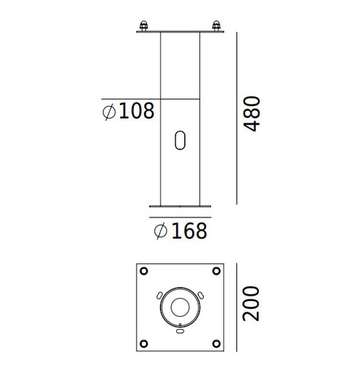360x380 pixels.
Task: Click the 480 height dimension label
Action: point(251,114)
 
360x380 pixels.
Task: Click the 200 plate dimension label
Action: point(251,304)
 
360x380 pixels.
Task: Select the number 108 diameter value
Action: point(136,111)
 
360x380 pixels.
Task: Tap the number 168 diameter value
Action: point(189,231)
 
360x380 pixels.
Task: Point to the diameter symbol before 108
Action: point(109,112)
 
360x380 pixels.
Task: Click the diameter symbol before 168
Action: point(160,231)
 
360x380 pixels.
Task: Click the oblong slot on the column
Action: point(180,140)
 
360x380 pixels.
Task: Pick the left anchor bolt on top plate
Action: point(144,26)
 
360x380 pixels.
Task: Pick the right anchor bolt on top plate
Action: point(216,26)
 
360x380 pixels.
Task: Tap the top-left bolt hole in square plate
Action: point(144,271)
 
